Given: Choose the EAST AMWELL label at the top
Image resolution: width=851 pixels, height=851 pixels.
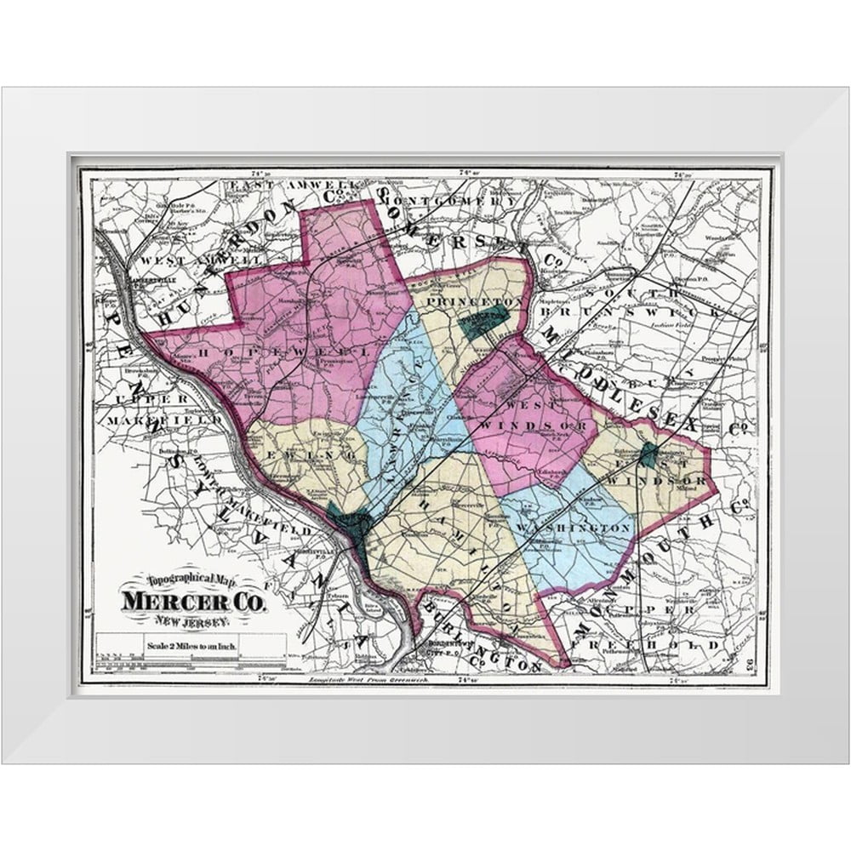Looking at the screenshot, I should click(272, 186).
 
